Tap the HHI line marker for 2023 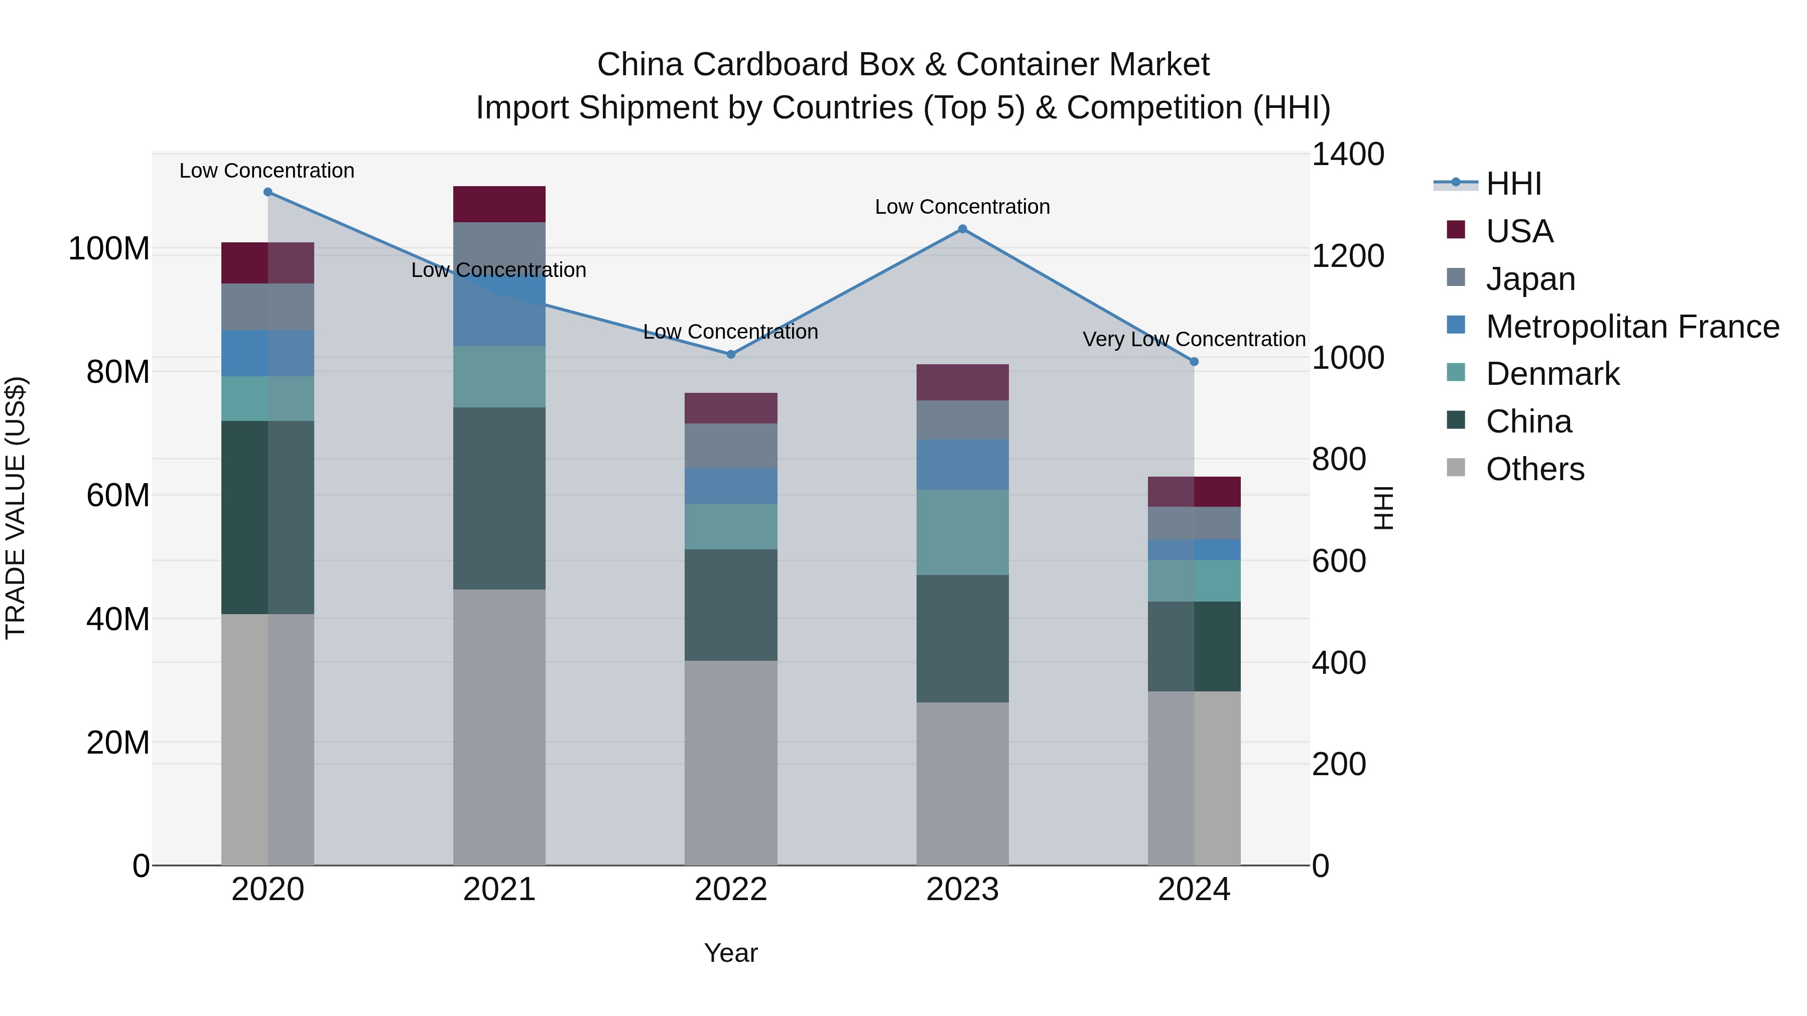tap(962, 229)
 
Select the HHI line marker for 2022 tap(731, 355)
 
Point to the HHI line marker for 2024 tap(1194, 362)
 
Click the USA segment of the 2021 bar tap(499, 204)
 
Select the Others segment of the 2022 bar tap(731, 762)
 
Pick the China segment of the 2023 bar tap(962, 638)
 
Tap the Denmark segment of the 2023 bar tap(962, 532)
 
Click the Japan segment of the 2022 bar tap(731, 446)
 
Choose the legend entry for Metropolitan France tap(1632, 327)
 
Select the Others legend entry tap(1535, 469)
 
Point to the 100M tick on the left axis tap(109, 249)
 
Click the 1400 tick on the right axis tap(1348, 154)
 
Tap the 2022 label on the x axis tap(731, 890)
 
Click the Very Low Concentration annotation tap(1194, 339)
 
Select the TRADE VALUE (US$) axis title tap(16, 508)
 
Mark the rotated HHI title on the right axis tap(1383, 508)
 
